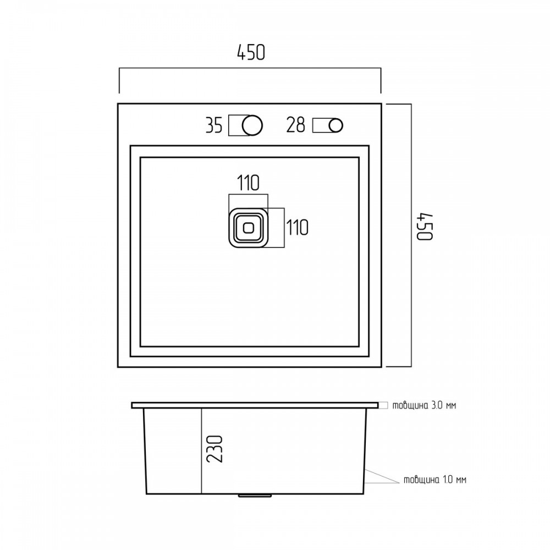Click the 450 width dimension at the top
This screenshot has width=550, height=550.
[x=251, y=53]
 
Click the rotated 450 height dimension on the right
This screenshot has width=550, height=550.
[x=425, y=226]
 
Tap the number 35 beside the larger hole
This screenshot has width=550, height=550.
[x=214, y=125]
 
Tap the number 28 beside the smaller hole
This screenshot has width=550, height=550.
[x=296, y=125]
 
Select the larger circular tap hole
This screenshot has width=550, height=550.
[x=252, y=125]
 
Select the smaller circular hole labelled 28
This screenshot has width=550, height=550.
[x=336, y=125]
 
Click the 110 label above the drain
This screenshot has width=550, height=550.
[x=249, y=183]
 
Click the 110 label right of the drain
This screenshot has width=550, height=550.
[x=298, y=227]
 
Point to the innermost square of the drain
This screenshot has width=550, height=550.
[x=249, y=228]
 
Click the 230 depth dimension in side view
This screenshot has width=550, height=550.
[x=215, y=449]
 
